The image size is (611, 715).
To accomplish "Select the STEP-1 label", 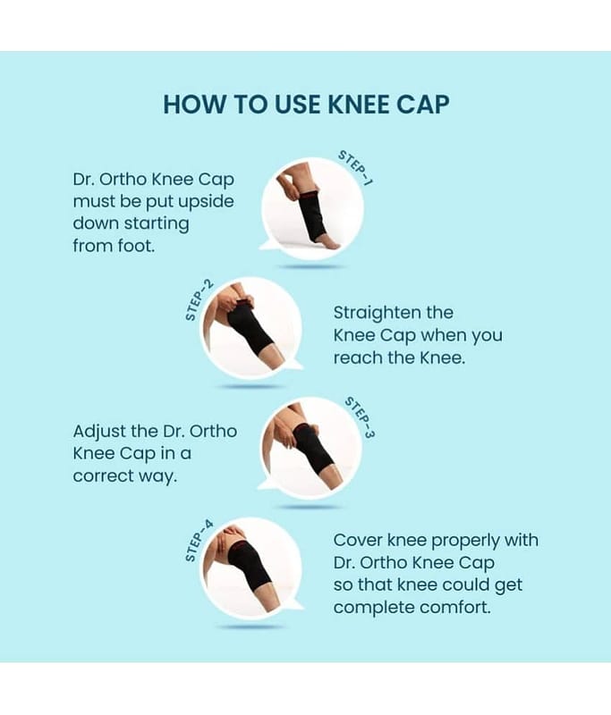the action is click(355, 168).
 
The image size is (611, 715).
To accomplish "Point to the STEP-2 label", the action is click(199, 300).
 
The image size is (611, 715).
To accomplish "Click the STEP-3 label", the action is click(360, 417).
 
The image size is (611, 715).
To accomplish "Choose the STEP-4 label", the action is click(199, 541).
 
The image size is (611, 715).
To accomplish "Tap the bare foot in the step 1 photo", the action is click(328, 242).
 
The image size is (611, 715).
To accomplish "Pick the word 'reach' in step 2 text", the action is click(358, 358).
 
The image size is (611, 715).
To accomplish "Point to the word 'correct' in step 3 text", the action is click(104, 476).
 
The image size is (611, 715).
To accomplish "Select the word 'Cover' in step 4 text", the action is click(358, 541).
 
